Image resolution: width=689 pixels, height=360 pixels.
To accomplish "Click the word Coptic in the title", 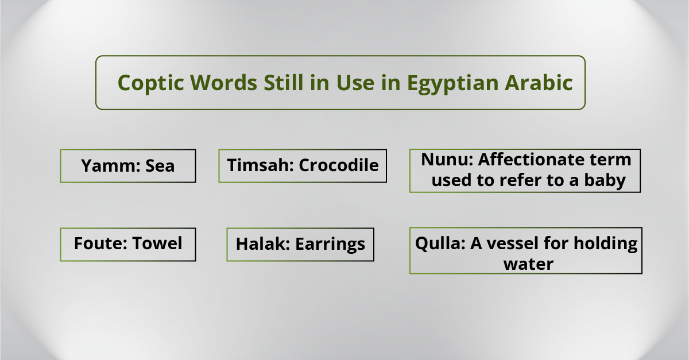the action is click(x=150, y=83).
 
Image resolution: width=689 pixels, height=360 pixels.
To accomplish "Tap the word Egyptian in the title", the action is click(x=452, y=83).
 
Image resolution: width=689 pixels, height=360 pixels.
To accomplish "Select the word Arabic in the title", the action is click(x=539, y=83).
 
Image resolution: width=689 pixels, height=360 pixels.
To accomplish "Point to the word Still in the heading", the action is click(x=284, y=83).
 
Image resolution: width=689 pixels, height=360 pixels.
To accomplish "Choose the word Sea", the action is click(x=160, y=165).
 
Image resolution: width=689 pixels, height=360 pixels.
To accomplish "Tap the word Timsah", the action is click(x=261, y=165).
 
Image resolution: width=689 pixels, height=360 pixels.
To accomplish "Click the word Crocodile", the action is click(x=339, y=165).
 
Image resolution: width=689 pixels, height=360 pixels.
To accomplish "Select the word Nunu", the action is click(x=447, y=160).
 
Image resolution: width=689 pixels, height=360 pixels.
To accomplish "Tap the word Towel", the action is click(x=157, y=243).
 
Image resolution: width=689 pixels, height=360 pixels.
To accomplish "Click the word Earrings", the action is click(x=330, y=245).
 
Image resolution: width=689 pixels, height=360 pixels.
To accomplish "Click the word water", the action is click(x=528, y=264).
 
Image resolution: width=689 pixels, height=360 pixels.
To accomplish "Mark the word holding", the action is click(x=606, y=244).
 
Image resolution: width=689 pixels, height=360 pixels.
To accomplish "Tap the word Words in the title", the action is click(x=223, y=83).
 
